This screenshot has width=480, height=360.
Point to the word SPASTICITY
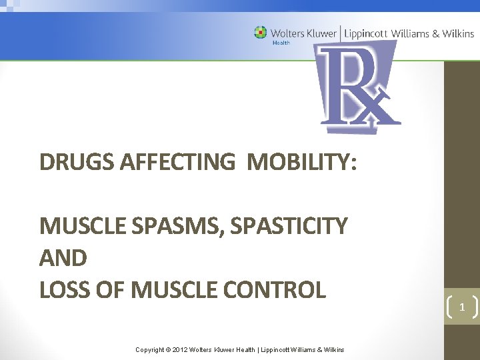pos(289,227)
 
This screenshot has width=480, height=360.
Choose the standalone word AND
pos(63,258)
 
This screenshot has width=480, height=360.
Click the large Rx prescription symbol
pos(357,87)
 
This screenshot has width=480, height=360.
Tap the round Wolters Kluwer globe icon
pos(260,32)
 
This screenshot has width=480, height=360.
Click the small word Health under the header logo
pos(281,43)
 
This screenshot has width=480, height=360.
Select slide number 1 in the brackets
pos(461,307)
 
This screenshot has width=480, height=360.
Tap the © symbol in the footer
pos(168,349)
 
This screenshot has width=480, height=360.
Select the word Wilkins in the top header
pos(459,33)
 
